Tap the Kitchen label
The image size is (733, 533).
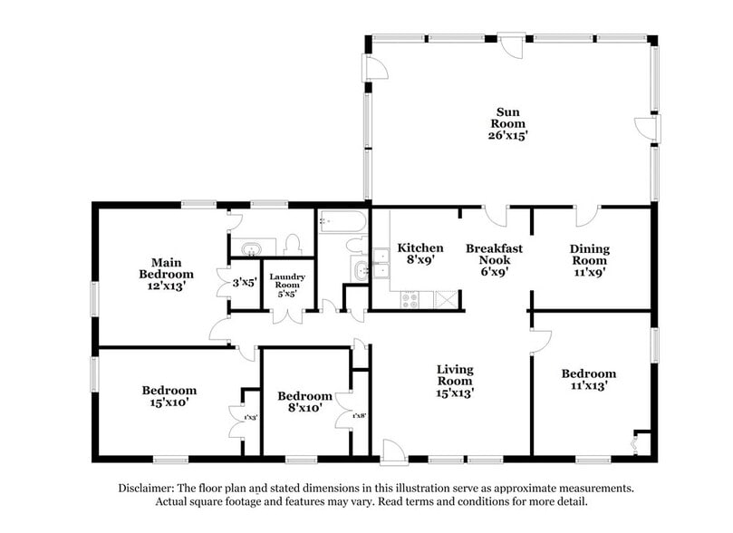coord(420,247)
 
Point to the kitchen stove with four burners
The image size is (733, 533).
coord(410,297)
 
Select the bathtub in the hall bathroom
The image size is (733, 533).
coord(342,222)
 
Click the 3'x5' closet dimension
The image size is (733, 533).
coord(245,282)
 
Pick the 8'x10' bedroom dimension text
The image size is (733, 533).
coord(304,408)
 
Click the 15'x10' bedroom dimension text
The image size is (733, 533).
coord(169,402)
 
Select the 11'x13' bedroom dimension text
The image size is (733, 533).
coord(588,385)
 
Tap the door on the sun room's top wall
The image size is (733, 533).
coord(511,43)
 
